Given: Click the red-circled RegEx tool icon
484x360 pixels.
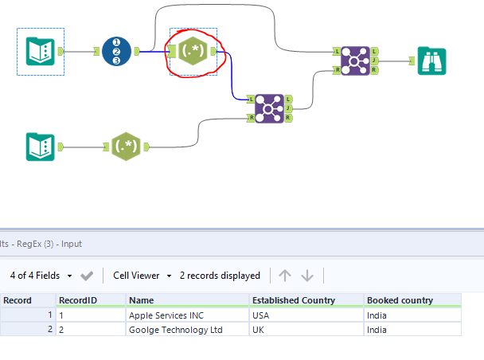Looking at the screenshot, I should (x=193, y=52).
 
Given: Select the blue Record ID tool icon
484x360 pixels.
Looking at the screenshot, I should (x=117, y=52).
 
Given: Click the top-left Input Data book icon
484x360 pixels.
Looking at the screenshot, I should (x=41, y=52).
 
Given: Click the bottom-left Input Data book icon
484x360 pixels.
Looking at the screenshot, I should (x=41, y=147).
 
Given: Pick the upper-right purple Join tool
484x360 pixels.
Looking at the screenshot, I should (x=353, y=61).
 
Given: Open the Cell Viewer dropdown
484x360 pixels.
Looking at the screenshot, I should (x=142, y=276).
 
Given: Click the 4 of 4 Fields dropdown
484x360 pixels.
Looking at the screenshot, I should (x=41, y=276).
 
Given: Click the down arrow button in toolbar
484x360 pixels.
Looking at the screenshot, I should (x=307, y=276).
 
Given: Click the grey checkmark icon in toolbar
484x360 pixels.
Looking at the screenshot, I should (x=87, y=276).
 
